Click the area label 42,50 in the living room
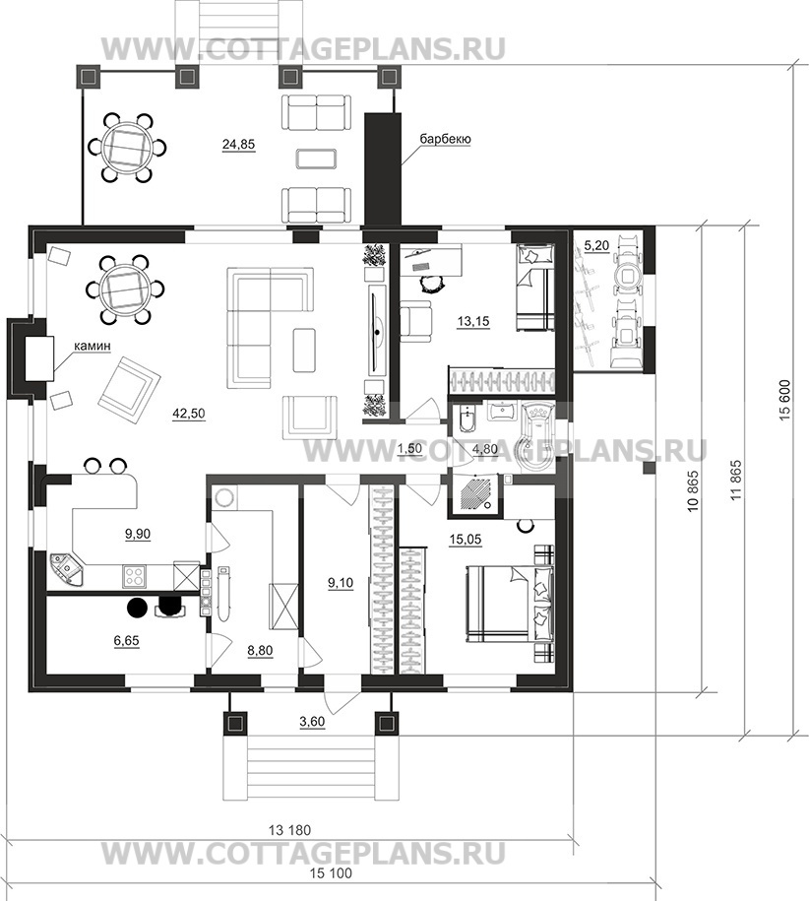tap(188, 414)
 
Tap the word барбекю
tap(445, 139)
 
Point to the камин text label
tap(92, 346)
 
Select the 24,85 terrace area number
tap(238, 144)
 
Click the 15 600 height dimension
tap(784, 400)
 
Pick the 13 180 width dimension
tap(289, 830)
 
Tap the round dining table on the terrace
tap(127, 148)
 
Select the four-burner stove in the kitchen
tap(134, 576)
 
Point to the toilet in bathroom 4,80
tap(467, 419)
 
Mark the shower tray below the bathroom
tap(474, 492)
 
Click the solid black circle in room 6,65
tap(138, 607)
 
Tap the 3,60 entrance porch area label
tap(312, 722)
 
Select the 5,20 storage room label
tap(596, 246)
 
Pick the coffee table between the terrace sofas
tap(316, 159)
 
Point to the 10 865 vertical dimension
tap(694, 491)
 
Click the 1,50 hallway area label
tap(410, 449)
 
